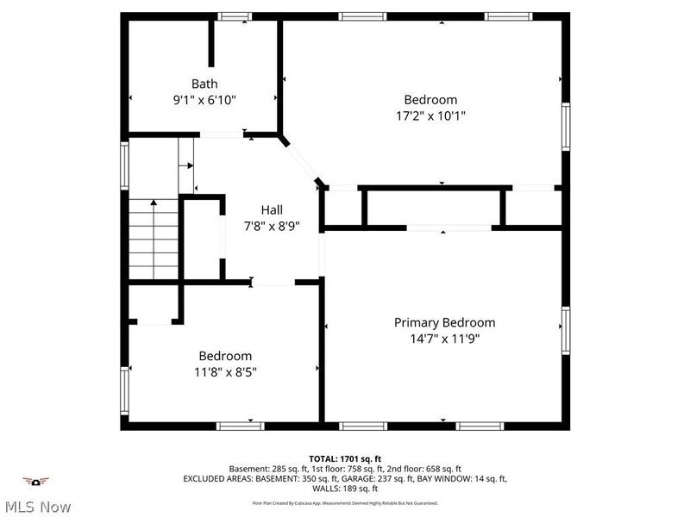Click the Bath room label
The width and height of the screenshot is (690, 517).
point(204,84)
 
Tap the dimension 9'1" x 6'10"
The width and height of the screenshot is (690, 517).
point(204,99)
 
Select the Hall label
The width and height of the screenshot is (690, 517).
point(272,209)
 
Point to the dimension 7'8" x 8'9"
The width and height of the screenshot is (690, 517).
point(272,225)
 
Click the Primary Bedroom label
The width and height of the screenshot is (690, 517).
point(444,322)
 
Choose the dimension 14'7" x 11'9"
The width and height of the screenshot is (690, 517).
point(444,339)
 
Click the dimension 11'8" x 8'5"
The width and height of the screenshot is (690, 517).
point(225,371)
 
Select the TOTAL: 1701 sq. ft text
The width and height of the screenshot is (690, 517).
point(345,458)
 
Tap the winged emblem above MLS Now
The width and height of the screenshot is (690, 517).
point(35,481)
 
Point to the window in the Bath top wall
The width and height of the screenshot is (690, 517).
point(234,16)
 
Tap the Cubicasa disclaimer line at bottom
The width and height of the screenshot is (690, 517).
point(345,502)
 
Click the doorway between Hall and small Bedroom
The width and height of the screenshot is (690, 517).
point(273,282)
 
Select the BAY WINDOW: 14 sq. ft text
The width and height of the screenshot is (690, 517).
point(467,478)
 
